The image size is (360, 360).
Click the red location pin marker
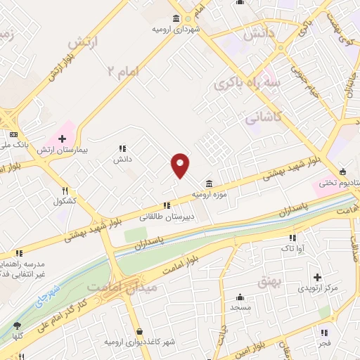[181, 165]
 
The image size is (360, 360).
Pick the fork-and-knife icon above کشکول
[65, 191]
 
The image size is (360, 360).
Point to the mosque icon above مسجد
[240, 297]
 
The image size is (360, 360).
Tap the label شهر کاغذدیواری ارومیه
[140, 342]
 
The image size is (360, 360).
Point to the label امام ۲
[124, 71]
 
